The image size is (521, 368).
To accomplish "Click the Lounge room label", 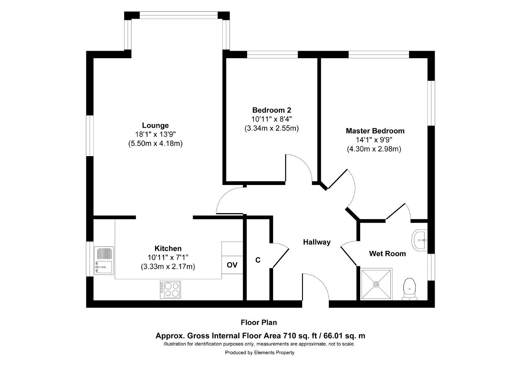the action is (155, 126).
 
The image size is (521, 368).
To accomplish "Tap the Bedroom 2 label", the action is (271, 110).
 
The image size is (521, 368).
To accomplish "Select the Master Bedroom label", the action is (375, 131).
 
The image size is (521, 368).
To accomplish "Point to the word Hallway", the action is (317, 242).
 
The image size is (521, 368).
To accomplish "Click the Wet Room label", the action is (387, 253).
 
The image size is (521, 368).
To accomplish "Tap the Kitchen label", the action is (168, 248).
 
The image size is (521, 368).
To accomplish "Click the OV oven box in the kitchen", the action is (232, 265).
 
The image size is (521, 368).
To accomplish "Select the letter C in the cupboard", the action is (258, 260).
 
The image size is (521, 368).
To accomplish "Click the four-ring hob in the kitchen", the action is (170, 290).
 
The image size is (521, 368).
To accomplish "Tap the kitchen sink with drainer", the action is (104, 260).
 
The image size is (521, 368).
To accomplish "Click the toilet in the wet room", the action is (409, 289).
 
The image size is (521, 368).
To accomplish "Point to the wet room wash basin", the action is (420, 240).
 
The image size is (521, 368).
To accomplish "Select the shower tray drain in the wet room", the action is (377, 284).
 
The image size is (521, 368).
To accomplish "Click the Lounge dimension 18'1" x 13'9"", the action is (155, 134).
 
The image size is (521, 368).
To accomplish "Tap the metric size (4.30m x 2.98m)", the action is (374, 149).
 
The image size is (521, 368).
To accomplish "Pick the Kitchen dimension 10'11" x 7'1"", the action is (168, 257).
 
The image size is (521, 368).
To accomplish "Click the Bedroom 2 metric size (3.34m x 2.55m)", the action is (271, 128).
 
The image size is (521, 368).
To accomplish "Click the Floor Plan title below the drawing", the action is (259, 322).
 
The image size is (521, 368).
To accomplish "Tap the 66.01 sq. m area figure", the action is (344, 336).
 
